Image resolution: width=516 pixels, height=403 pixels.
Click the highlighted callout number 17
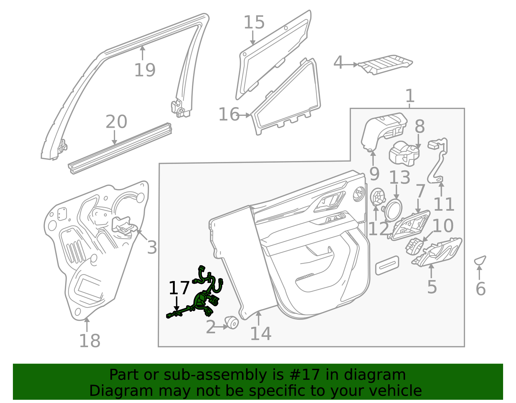(x=179, y=288)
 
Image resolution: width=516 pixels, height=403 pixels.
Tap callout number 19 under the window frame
(x=145, y=70)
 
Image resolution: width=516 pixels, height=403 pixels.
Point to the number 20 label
(x=116, y=122)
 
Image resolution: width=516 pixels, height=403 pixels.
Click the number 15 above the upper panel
(x=254, y=23)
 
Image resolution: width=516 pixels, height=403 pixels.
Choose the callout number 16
(x=229, y=115)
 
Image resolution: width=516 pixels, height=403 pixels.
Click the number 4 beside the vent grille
(x=338, y=63)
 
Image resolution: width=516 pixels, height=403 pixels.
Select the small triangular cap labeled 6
(x=480, y=260)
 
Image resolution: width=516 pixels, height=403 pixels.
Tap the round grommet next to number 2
(x=232, y=322)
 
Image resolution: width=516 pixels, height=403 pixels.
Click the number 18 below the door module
(x=90, y=341)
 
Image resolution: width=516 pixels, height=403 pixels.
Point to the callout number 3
(x=152, y=247)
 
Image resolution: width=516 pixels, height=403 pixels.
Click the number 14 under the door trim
(x=261, y=334)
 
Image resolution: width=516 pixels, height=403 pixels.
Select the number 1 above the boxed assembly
(x=410, y=96)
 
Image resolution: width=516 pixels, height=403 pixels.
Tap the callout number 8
(x=420, y=127)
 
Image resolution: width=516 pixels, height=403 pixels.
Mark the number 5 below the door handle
(x=432, y=287)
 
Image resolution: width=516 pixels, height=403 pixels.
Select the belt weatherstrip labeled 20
(x=119, y=148)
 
